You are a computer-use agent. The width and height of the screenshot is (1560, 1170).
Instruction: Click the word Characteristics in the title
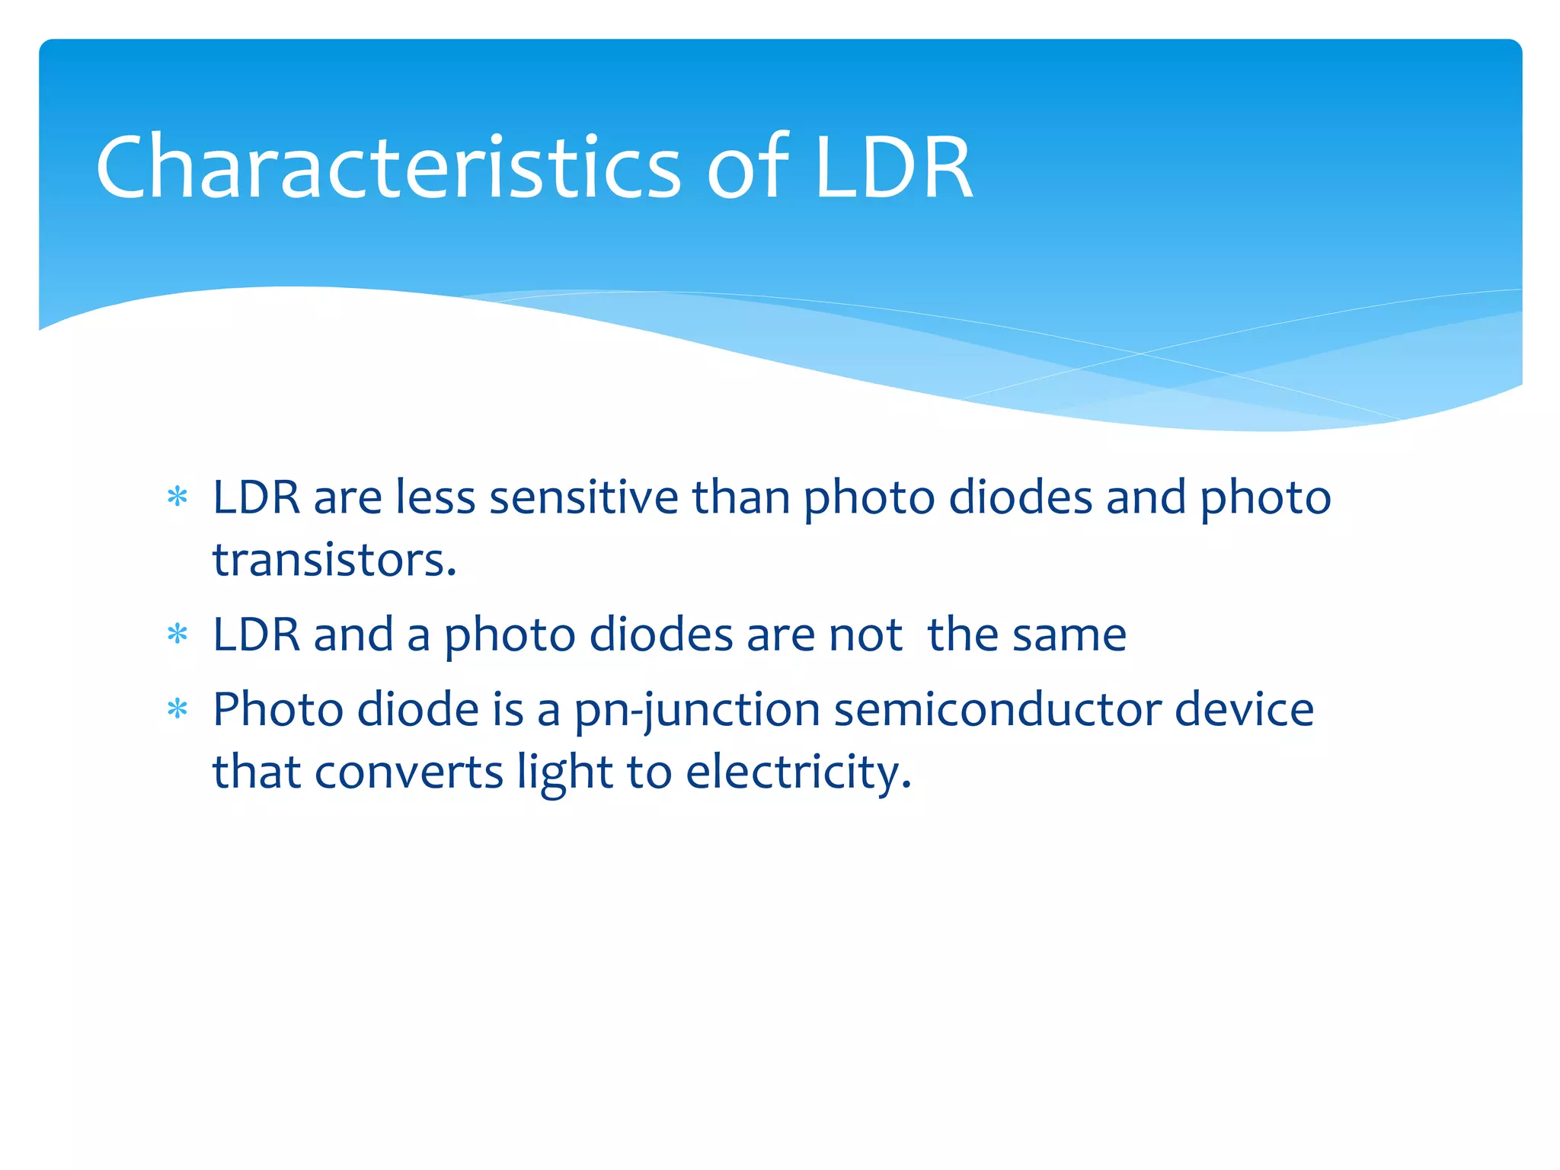point(388,167)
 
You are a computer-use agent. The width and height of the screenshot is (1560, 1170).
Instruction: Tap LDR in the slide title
point(893,167)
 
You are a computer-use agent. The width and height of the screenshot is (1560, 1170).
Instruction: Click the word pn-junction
point(696,711)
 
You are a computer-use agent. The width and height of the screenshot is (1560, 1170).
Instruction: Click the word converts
point(408,772)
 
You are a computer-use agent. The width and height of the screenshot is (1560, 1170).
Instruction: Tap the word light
point(564,772)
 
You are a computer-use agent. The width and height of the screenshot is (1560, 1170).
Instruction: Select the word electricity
point(798,772)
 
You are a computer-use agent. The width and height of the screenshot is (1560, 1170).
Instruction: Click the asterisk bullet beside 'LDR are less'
point(177,498)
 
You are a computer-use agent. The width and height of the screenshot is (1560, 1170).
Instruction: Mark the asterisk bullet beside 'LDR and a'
point(177,635)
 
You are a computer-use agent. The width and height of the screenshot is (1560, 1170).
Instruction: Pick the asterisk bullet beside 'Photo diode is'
point(177,710)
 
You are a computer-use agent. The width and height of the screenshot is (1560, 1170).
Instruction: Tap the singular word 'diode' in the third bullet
point(418,709)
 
